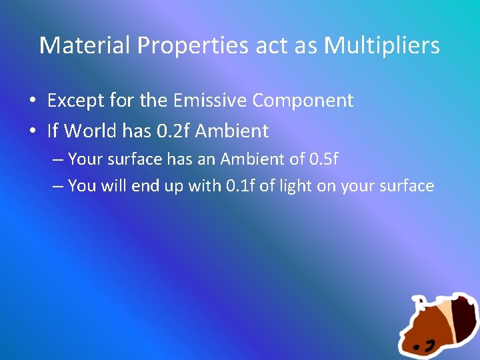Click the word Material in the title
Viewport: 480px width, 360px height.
[x=85, y=45]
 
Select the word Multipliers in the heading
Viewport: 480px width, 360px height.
[x=382, y=45]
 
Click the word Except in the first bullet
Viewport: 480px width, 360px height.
[x=73, y=101]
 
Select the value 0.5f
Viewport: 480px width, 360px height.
[x=325, y=160]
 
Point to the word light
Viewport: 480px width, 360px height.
[x=293, y=185]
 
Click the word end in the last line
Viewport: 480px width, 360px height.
[x=147, y=185]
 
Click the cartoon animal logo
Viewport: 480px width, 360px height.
[x=437, y=325]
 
